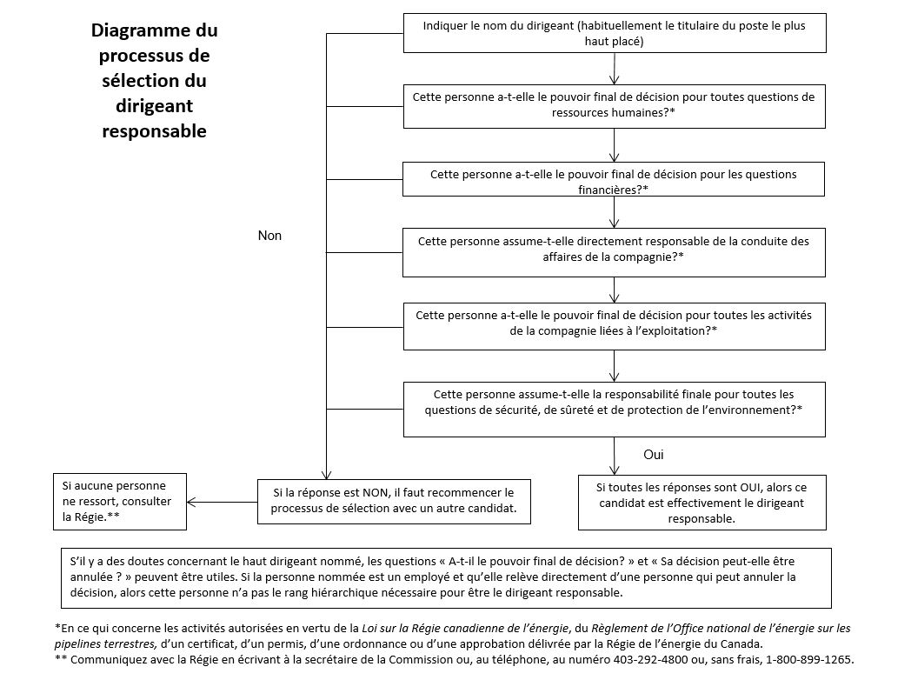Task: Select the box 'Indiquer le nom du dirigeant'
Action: (614, 33)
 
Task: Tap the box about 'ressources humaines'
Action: (614, 105)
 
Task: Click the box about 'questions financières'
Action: (614, 182)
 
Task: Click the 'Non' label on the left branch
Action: (269, 236)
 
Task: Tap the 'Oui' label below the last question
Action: (654, 455)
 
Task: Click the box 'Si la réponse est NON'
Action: (393, 501)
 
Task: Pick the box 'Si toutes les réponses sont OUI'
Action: (702, 502)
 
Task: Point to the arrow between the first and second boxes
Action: (615, 69)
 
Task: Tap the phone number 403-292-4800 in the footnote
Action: (635, 659)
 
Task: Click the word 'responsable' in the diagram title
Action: (155, 131)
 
